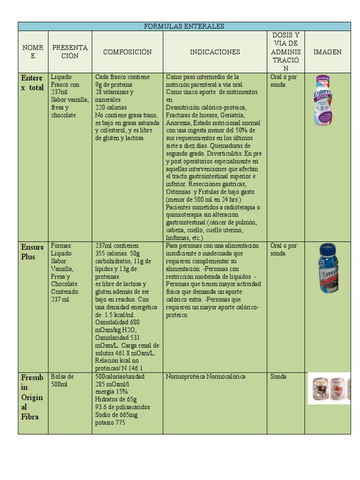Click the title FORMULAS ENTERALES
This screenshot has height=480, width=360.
coord(184,26)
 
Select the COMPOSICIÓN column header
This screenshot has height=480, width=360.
coord(127,52)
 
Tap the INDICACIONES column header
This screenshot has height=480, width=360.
coord(215,52)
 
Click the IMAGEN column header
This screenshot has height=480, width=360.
coord(328,52)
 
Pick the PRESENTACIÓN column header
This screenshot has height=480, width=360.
coord(70,52)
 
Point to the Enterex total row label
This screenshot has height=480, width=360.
coord(32,82)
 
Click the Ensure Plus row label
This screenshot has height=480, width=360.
coord(32,252)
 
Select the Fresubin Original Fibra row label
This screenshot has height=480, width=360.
coord(32,397)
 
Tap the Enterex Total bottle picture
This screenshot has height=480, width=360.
coord(323,101)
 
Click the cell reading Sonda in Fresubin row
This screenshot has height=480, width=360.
coord(278,376)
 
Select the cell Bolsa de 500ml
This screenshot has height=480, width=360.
coord(62,380)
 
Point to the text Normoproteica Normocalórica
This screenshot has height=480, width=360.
coord(205,376)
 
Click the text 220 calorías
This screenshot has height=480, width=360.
coord(111,107)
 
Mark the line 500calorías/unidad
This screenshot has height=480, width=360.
coord(120,376)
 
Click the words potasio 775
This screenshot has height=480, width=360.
coord(110,422)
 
